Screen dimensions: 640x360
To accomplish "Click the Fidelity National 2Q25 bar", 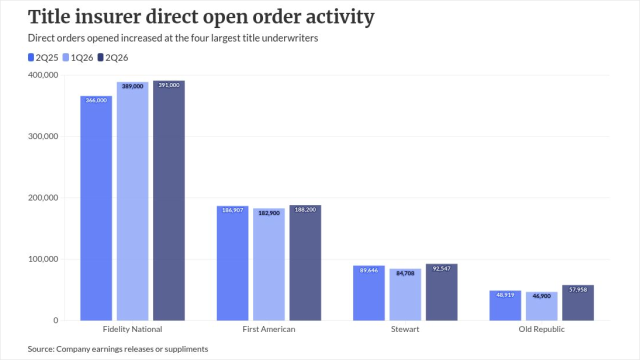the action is point(96,208).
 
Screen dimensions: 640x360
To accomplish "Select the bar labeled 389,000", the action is point(132,201).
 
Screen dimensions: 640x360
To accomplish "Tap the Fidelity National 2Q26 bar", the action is point(169,200).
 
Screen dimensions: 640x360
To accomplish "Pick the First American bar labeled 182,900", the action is point(269,264).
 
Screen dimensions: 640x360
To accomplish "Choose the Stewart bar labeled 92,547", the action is point(441,292).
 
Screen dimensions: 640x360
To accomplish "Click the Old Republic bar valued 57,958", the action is point(578,303).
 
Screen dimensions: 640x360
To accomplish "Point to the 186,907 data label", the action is point(232,210).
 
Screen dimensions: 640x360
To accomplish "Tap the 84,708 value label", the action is point(405,273).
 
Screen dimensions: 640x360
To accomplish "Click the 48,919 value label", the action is point(505,295).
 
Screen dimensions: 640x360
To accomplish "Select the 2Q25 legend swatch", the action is point(31,57).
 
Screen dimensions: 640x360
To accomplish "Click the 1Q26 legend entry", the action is point(77,57).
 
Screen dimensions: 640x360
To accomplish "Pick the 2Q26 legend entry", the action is point(113,57).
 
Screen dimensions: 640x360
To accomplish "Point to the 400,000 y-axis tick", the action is point(43,75).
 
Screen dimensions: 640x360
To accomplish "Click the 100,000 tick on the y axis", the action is point(43,259).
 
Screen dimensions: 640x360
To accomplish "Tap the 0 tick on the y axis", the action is point(55,320).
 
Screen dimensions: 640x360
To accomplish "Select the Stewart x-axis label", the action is point(405,329).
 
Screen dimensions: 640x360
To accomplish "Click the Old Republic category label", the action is point(541,329).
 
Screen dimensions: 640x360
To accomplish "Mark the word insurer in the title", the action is point(108,16).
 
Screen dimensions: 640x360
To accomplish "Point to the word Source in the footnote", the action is point(41,349).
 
